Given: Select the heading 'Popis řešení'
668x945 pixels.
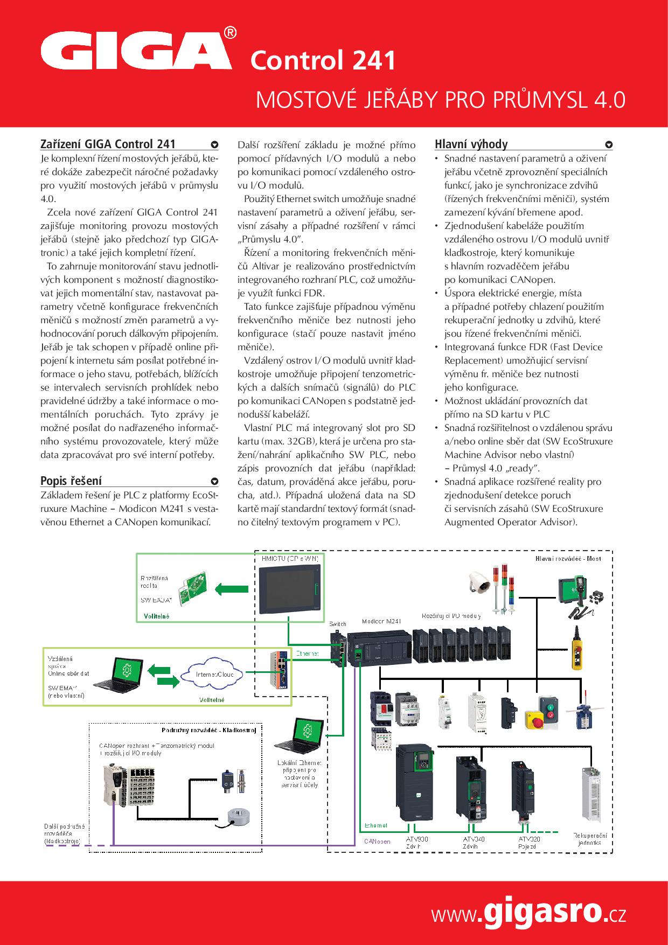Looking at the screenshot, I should coord(71,481).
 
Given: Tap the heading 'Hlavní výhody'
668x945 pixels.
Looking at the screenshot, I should coord(471,144).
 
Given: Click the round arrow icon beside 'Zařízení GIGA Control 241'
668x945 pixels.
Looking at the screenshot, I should coord(214,144).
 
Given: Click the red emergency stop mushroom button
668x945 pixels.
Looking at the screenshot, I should coord(535,719).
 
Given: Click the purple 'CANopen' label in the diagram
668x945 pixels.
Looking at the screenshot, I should coord(377,841).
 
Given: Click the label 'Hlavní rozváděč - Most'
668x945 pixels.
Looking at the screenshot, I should coord(568,559).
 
